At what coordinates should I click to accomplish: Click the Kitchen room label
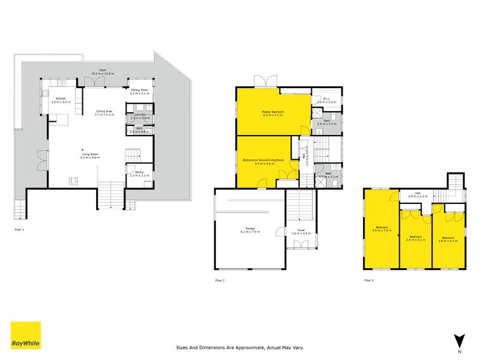(61, 98)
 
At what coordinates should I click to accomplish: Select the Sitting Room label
(139, 90)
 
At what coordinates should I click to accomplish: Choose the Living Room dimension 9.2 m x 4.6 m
(91, 157)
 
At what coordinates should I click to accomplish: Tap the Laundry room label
(139, 114)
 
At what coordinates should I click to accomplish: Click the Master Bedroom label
(272, 112)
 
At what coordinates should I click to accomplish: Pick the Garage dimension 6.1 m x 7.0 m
(248, 234)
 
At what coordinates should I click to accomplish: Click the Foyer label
(299, 230)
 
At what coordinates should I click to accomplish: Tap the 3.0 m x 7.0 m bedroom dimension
(382, 230)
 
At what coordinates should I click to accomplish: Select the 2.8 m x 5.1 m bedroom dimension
(415, 240)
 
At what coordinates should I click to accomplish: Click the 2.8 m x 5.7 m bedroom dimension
(448, 240)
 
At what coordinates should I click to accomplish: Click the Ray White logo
(26, 335)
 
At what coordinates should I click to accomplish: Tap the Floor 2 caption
(220, 280)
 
